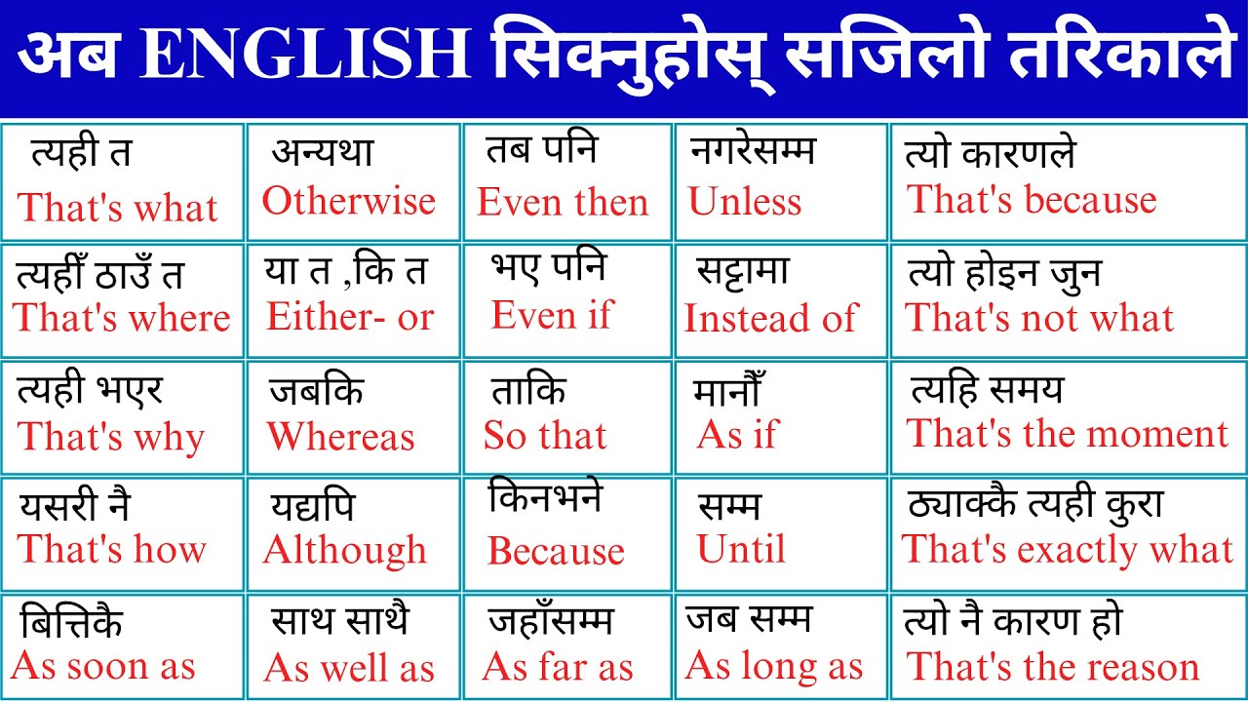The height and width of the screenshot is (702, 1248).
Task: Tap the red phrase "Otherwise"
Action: click(x=348, y=201)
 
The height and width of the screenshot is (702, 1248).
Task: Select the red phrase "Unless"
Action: click(x=744, y=202)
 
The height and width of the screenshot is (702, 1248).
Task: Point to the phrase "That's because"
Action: click(x=1032, y=200)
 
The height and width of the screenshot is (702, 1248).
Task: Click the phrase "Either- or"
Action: click(x=350, y=317)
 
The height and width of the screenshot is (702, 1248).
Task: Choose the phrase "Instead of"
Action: click(x=770, y=318)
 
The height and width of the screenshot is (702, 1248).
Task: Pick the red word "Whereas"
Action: click(x=341, y=437)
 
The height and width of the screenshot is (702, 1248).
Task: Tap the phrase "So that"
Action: click(x=545, y=436)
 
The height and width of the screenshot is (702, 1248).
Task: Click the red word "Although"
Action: click(x=345, y=551)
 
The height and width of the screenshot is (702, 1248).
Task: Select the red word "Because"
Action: click(x=556, y=552)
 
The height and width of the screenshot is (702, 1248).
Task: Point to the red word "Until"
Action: click(x=741, y=550)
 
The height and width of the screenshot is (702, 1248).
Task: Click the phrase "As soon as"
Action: click(x=103, y=667)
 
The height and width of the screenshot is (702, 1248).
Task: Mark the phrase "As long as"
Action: click(x=774, y=667)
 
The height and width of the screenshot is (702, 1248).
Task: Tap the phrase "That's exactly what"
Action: click(x=1068, y=550)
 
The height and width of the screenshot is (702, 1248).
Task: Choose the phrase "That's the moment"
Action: click(x=1068, y=434)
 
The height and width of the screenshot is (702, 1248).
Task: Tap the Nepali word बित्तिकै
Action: click(x=71, y=622)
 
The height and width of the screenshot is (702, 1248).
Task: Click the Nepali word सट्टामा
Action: click(x=743, y=271)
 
